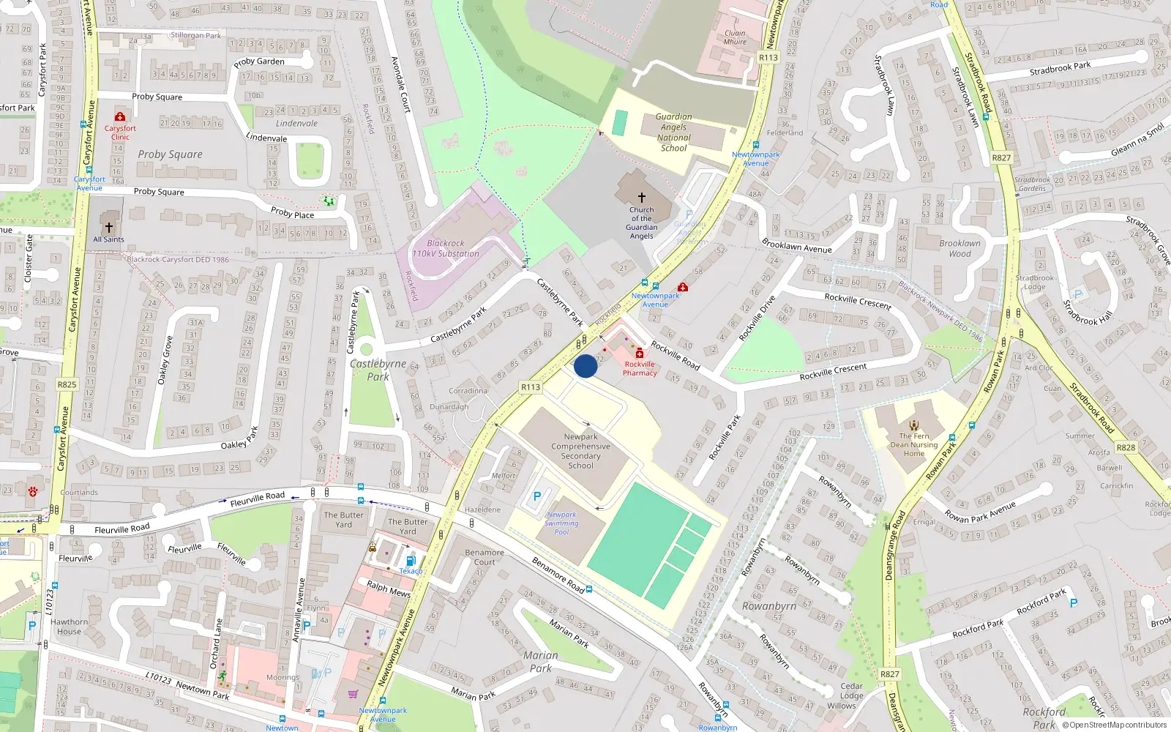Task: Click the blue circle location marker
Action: [x=585, y=366]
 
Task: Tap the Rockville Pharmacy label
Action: [x=640, y=368]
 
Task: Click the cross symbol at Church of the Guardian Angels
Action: [x=642, y=198]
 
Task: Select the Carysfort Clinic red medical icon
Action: [x=120, y=117]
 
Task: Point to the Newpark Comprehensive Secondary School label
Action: [x=580, y=451]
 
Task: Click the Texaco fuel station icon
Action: [x=410, y=561]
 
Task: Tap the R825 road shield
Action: [x=67, y=384]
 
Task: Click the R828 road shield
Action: [x=1126, y=447]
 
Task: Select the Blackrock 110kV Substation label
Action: [x=445, y=249]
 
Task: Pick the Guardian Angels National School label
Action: [x=673, y=132]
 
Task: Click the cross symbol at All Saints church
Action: [x=109, y=228]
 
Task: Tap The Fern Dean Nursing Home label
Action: [x=914, y=444]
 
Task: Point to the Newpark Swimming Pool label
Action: [x=561, y=523]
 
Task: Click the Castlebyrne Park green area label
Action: [x=378, y=370]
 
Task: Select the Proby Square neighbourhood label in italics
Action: [x=170, y=154]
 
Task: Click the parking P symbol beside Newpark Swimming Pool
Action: [x=537, y=496]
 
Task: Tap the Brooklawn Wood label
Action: [x=959, y=248]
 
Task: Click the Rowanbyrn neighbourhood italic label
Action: [x=768, y=606]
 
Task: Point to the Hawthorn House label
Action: [x=69, y=627]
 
